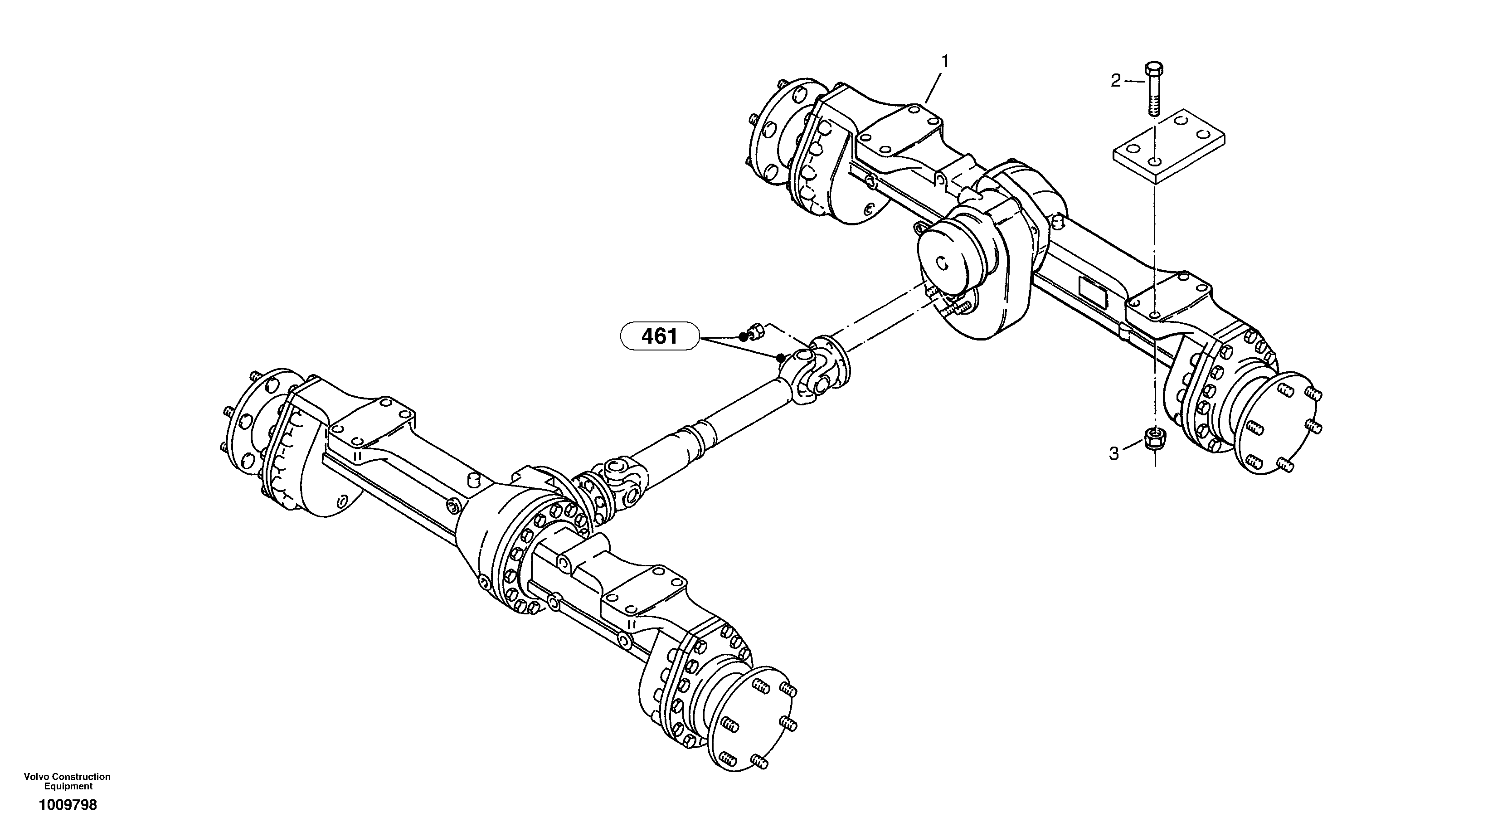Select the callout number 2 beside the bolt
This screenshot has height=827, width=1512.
(1116, 81)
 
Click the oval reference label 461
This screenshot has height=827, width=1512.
(660, 336)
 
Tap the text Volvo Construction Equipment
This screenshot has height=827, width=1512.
(68, 781)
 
